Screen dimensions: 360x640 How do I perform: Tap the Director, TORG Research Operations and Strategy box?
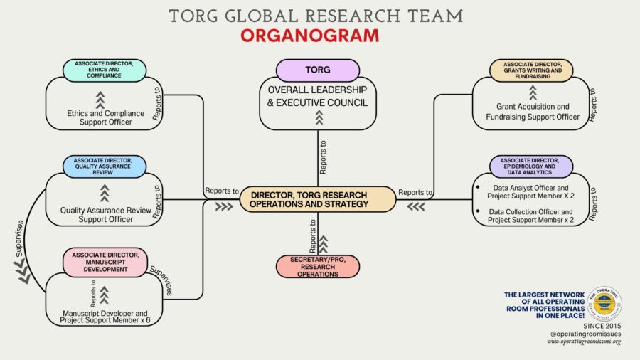pyautogui.click(x=317, y=199)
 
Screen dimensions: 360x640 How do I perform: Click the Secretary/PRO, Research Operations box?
pyautogui.click(x=318, y=266)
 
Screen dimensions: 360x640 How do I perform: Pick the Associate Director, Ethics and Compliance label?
pyautogui.click(x=105, y=70)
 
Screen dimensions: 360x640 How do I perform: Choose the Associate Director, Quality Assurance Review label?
pyautogui.click(x=105, y=166)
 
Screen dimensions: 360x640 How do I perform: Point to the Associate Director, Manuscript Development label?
pyautogui.click(x=105, y=261)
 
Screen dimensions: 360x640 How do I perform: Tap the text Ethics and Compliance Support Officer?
pyautogui.click(x=105, y=117)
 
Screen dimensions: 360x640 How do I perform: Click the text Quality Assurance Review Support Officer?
pyautogui.click(x=105, y=215)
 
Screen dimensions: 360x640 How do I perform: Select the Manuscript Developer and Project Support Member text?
pyautogui.click(x=105, y=317)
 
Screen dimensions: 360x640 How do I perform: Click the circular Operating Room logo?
pyautogui.click(x=606, y=304)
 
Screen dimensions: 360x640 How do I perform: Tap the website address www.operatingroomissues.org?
pyautogui.click(x=584, y=342)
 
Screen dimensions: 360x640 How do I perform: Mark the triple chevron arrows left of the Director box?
pyautogui.click(x=223, y=206)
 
